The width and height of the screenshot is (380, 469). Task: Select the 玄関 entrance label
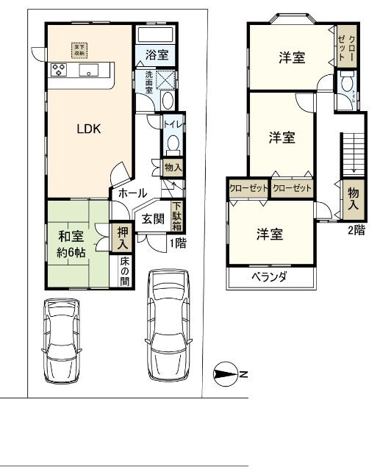[152, 218]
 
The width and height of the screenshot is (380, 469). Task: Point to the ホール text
[131, 193]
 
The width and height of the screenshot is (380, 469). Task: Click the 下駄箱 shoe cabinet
[177, 216]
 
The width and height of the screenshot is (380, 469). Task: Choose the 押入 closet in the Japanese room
[122, 237]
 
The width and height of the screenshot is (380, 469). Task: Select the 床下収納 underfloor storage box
[78, 49]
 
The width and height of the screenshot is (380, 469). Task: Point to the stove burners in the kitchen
[59, 71]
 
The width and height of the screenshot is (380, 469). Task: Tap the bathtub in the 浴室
[154, 36]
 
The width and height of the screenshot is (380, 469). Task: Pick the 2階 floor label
[356, 229]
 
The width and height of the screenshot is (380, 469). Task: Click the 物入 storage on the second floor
[353, 198]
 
